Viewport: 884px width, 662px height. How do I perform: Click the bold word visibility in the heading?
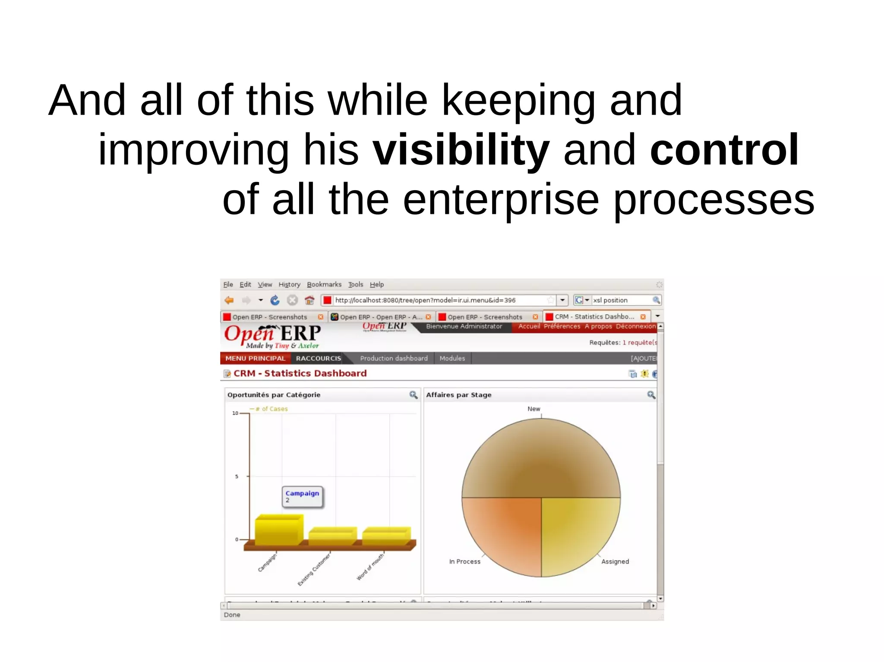click(461, 150)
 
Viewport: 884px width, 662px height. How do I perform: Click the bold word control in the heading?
click(724, 150)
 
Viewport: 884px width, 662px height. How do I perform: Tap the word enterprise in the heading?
click(501, 199)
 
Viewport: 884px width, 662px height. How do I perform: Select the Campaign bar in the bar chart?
click(278, 530)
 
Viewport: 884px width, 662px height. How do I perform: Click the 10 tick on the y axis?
click(235, 413)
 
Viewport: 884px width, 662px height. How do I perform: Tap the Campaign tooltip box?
click(303, 497)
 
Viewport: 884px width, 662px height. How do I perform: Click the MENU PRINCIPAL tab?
click(255, 358)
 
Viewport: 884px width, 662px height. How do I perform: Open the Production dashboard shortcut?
click(394, 358)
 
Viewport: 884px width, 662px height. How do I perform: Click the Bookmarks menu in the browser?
click(324, 285)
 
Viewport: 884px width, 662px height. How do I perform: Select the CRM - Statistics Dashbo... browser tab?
click(594, 317)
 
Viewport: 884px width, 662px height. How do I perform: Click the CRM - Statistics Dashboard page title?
click(300, 373)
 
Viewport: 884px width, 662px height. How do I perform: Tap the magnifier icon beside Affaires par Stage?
click(651, 395)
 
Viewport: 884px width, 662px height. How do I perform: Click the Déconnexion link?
click(635, 326)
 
